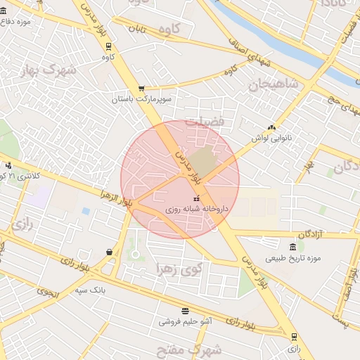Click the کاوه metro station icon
[x=108, y=46]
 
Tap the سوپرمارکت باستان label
[x=141, y=100]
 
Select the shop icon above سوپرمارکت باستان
[x=141, y=89]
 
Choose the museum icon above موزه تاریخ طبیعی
[x=292, y=246]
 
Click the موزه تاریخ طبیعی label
[x=292, y=258]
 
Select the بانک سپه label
[x=91, y=290]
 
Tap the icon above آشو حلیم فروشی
[x=185, y=310]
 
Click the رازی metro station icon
[x=294, y=336]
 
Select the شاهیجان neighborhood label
[x=273, y=84]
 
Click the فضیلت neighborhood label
[x=205, y=122]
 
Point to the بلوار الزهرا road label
[x=116, y=198]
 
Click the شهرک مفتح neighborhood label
[x=196, y=349]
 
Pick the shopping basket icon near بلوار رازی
[x=110, y=252]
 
